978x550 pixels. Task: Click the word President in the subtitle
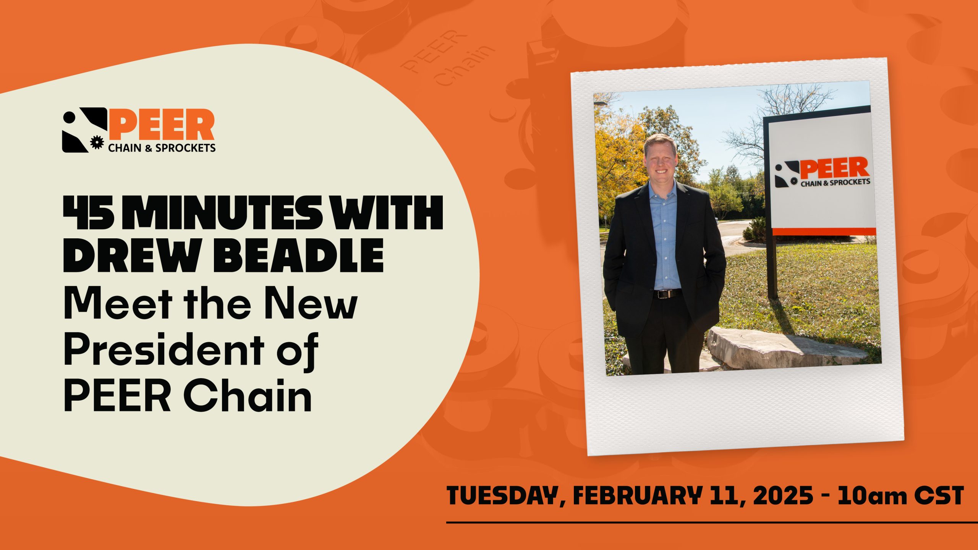(x=164, y=350)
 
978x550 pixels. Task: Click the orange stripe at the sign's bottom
(x=824, y=231)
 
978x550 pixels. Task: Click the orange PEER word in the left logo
(x=161, y=125)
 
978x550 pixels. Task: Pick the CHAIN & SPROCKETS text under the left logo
(x=162, y=148)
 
